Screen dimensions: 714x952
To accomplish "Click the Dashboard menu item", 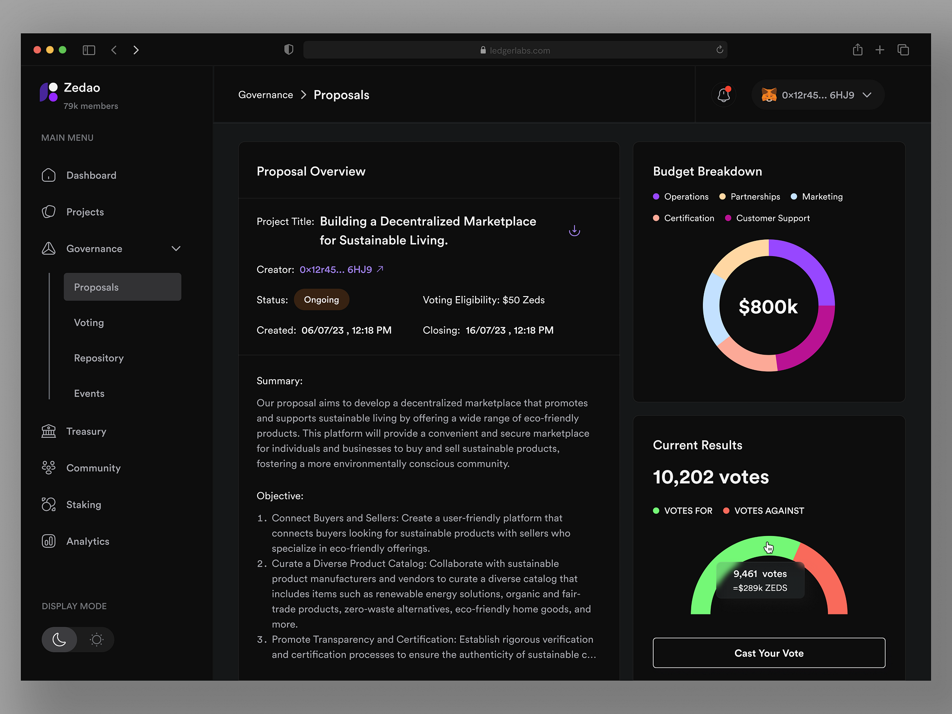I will pos(91,175).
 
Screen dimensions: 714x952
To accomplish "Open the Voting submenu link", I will pos(89,323).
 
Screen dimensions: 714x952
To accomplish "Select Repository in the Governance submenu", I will pos(99,358).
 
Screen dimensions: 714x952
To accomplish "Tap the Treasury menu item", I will pos(86,431).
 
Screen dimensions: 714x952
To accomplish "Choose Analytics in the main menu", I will pos(87,541).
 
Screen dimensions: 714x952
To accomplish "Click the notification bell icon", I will pos(723,95).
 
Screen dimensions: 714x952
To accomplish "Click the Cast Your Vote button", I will pos(769,653).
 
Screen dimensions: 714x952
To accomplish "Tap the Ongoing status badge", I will pos(321,300).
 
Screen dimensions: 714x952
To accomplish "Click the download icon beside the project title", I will pos(575,231).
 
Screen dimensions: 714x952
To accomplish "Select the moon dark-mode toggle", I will pos(59,640).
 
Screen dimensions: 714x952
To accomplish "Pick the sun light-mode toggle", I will pos(97,640).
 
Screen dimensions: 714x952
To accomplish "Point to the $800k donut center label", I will pos(768,307).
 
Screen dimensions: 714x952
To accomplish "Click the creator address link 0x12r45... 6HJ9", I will pos(336,270).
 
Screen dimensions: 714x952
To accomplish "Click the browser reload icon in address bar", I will pos(720,50).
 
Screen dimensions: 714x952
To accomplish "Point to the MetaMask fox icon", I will pos(769,95).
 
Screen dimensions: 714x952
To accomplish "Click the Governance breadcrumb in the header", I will pos(265,95).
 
